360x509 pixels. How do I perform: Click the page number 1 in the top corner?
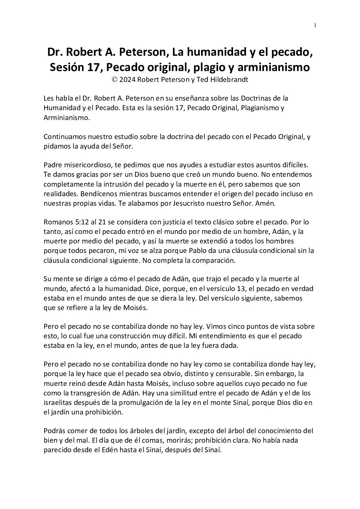[315, 25]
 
